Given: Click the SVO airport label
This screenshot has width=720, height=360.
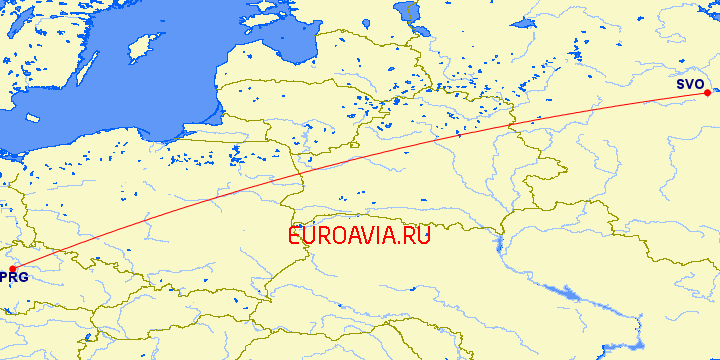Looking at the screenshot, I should click(690, 84).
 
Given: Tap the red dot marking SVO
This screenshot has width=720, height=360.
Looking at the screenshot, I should click(707, 93).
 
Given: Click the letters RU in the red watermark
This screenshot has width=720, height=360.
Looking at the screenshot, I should click(416, 236).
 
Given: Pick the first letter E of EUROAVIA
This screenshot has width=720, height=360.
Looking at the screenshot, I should click(295, 236).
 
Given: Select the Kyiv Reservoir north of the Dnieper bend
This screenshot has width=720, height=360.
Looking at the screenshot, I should click(497, 243).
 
